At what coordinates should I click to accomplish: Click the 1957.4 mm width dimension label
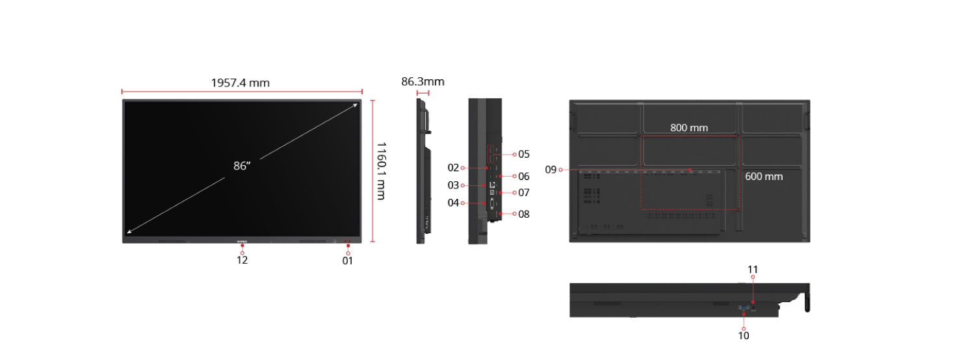(240, 83)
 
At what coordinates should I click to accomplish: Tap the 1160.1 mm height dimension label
(381, 171)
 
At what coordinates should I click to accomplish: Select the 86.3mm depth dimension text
(422, 81)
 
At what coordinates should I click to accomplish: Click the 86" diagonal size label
(242, 166)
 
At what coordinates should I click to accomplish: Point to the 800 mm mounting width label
(689, 127)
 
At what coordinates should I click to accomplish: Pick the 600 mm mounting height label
(764, 176)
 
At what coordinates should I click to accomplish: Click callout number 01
(347, 261)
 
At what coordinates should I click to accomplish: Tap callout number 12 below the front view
(242, 260)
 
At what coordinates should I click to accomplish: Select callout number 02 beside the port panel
(453, 168)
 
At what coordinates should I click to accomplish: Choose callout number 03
(453, 185)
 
